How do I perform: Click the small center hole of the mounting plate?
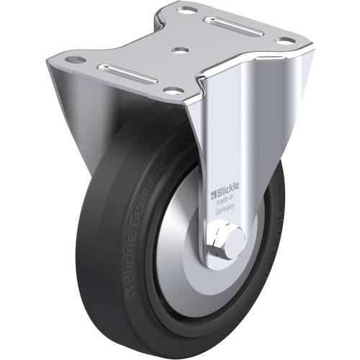[180, 51]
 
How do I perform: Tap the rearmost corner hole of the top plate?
[189, 10]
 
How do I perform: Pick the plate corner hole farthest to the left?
[75, 60]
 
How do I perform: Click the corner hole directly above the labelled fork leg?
[174, 91]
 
